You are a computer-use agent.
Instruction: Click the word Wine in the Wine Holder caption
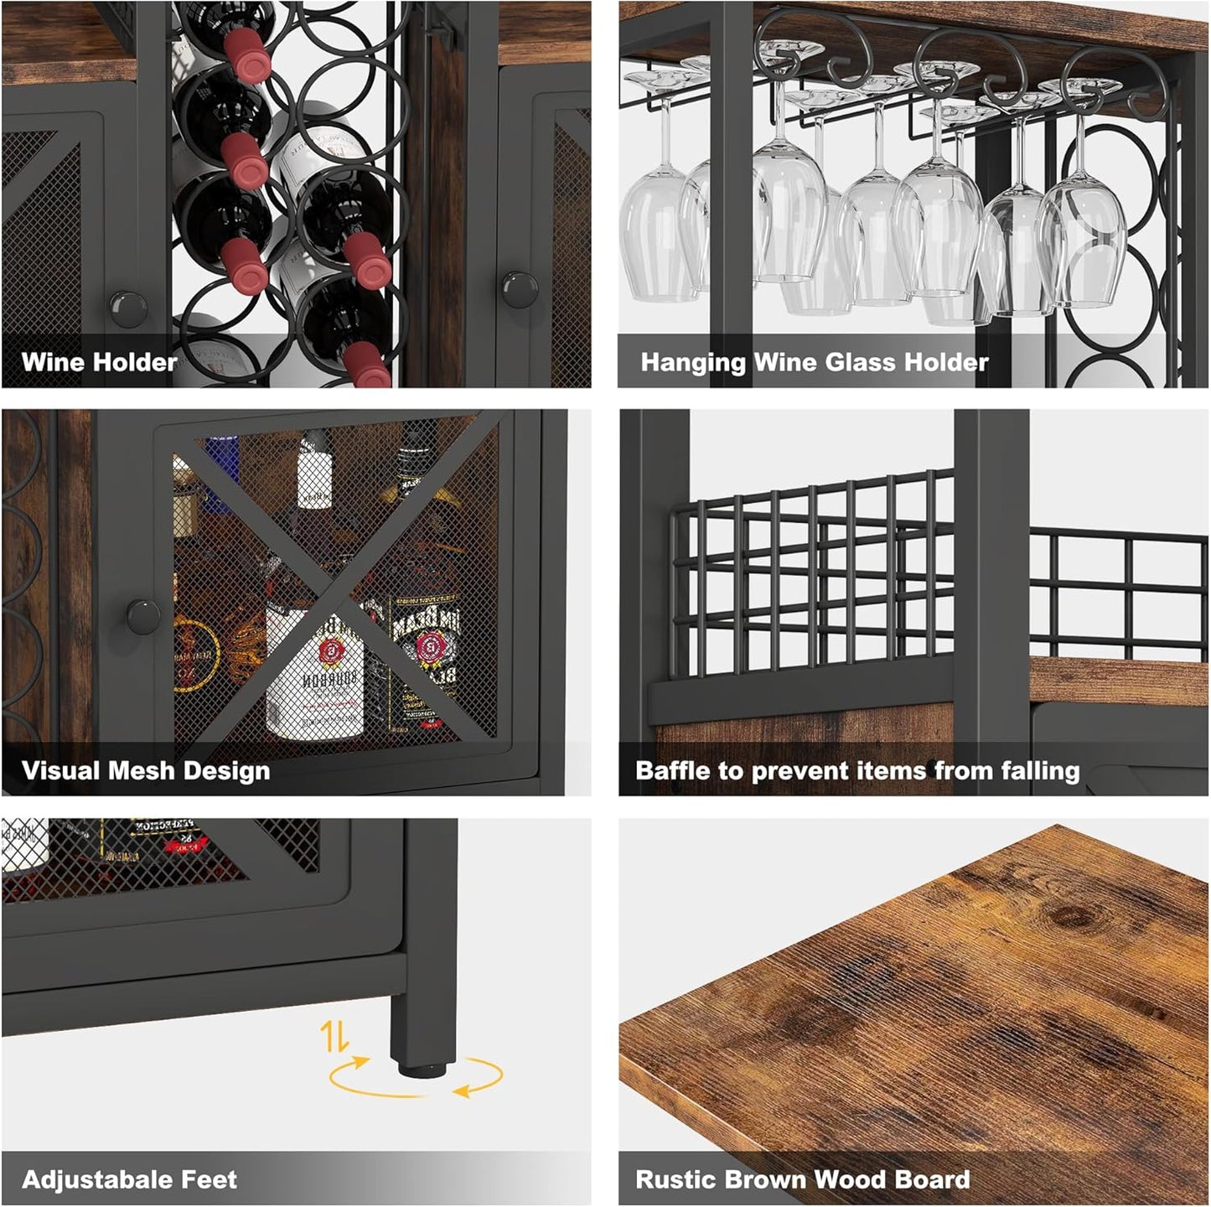[x=53, y=362]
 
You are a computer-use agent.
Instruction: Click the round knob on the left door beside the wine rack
[x=128, y=308]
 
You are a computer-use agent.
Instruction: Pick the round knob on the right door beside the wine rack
[x=520, y=288]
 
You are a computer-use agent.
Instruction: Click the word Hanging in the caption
[x=693, y=362]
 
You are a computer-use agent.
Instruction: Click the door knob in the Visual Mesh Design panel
[x=143, y=616]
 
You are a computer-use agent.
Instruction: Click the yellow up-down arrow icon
[x=334, y=1037]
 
